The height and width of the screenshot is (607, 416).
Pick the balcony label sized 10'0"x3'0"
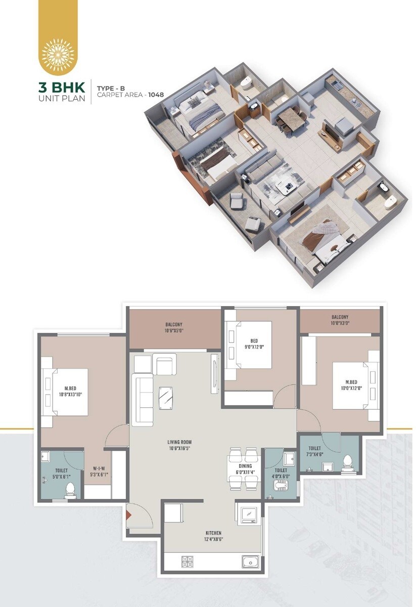pos(340,320)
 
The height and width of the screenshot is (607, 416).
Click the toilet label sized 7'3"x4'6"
pos(314,451)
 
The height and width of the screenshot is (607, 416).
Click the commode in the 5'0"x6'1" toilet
pos(70,488)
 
